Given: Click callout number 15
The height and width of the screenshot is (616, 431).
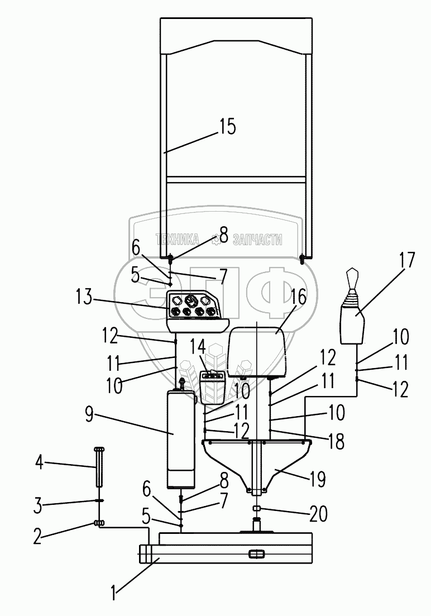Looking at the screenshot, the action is (228, 127).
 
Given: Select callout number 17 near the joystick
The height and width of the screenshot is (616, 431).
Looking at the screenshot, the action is (406, 260).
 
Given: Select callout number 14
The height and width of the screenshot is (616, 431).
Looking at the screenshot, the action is (198, 348).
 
